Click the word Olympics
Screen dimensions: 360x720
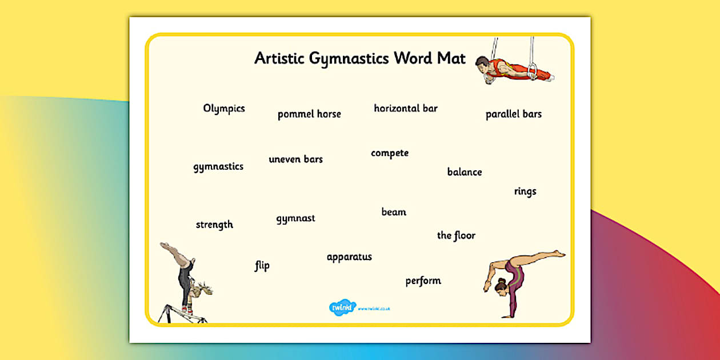tap(224, 109)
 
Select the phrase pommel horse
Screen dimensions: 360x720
tap(309, 114)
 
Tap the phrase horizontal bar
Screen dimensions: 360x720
tap(406, 108)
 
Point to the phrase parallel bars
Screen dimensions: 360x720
tap(513, 114)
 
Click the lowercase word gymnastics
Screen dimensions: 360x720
tap(218, 167)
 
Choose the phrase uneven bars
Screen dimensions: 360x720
tap(295, 159)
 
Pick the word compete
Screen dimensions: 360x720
tap(390, 153)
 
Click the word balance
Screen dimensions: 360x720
tap(464, 172)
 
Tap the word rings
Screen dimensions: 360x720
tap(525, 191)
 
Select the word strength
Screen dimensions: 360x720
tap(214, 225)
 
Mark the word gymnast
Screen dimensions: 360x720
tap(295, 218)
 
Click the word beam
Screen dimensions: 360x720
tap(394, 212)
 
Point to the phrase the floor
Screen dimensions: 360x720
tap(456, 235)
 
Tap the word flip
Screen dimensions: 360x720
tap(262, 266)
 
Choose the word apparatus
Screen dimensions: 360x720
tap(349, 257)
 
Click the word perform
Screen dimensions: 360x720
tap(423, 281)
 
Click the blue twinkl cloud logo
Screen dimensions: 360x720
tap(342, 307)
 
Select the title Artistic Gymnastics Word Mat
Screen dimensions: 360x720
tap(360, 58)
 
